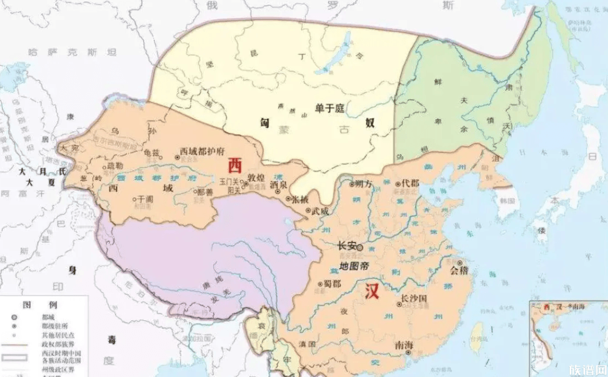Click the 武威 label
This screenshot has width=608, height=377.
pos(320,210)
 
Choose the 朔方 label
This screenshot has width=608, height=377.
pos(364,184)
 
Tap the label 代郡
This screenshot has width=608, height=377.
pos(410,184)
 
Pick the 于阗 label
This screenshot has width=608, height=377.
pos(144,199)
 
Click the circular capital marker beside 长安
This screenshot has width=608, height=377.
pos(360,248)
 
